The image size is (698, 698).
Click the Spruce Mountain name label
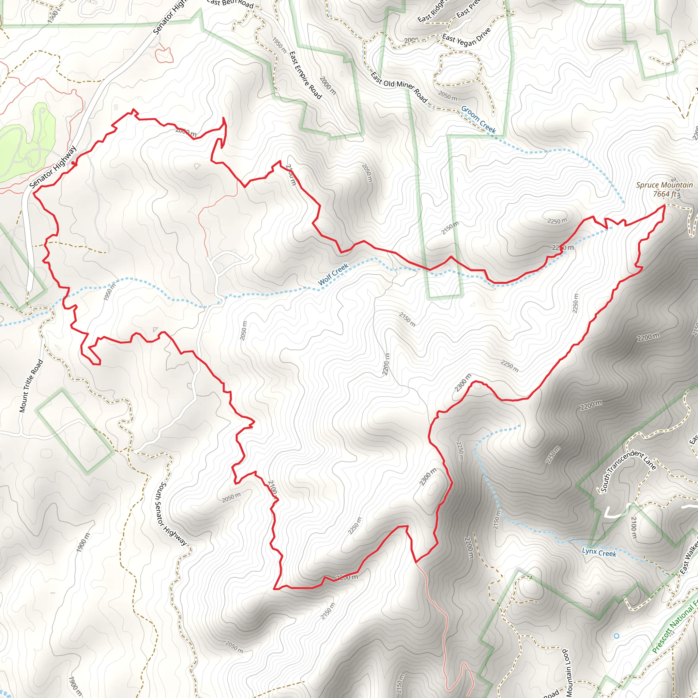(664, 185)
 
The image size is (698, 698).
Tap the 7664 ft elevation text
(664, 194)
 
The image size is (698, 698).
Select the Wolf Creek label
(333, 274)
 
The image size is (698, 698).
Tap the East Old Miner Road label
(399, 87)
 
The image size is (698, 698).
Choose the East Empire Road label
(305, 75)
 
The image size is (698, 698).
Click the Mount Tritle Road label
(31, 386)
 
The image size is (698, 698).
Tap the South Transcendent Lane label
(628, 470)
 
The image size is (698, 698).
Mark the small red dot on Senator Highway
(74, 164)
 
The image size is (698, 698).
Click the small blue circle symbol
(616, 636)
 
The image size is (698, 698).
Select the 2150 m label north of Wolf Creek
(450, 228)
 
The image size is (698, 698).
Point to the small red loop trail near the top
(164, 55)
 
